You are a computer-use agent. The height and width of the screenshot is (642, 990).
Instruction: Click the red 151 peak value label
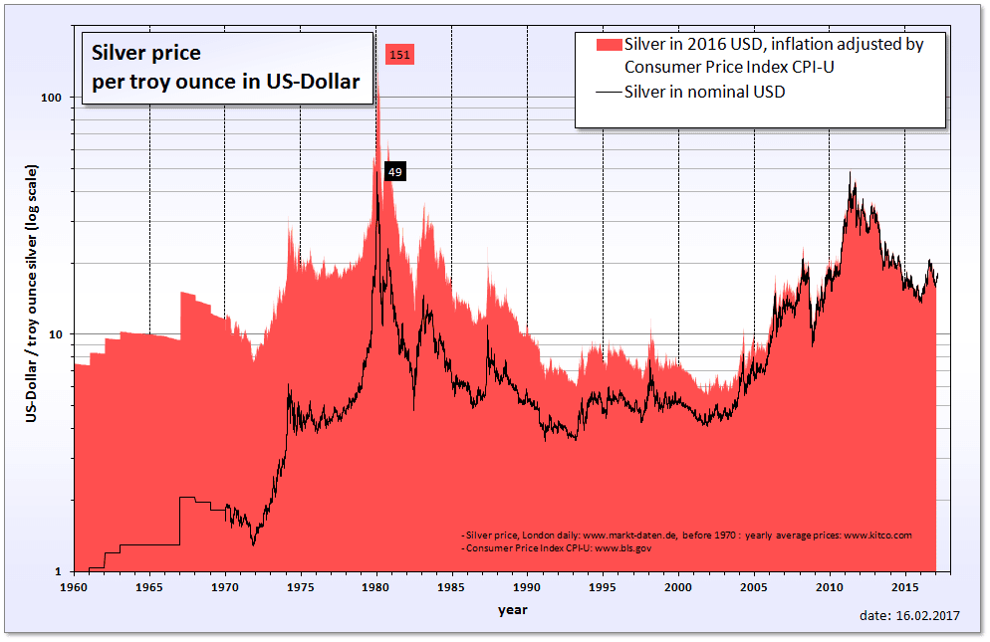[399, 54]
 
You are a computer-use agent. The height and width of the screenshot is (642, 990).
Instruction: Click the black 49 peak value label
[394, 172]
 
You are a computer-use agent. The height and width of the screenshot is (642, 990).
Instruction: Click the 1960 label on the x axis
[74, 588]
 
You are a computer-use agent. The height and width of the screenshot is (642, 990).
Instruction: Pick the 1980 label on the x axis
[375, 588]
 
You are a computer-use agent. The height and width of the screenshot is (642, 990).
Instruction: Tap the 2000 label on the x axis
[678, 588]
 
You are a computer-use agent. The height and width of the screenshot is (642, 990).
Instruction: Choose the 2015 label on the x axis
[904, 588]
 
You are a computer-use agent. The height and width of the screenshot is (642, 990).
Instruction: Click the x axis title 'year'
[513, 610]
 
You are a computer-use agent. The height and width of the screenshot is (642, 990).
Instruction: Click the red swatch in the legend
[608, 45]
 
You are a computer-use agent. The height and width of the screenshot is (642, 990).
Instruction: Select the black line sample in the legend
[608, 93]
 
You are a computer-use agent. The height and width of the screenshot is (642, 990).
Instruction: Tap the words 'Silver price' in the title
[146, 53]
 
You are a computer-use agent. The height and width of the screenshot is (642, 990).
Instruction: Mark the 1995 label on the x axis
[603, 588]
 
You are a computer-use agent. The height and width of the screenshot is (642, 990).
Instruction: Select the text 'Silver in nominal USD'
[705, 93]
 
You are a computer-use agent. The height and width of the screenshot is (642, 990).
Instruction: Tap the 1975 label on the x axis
[300, 588]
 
